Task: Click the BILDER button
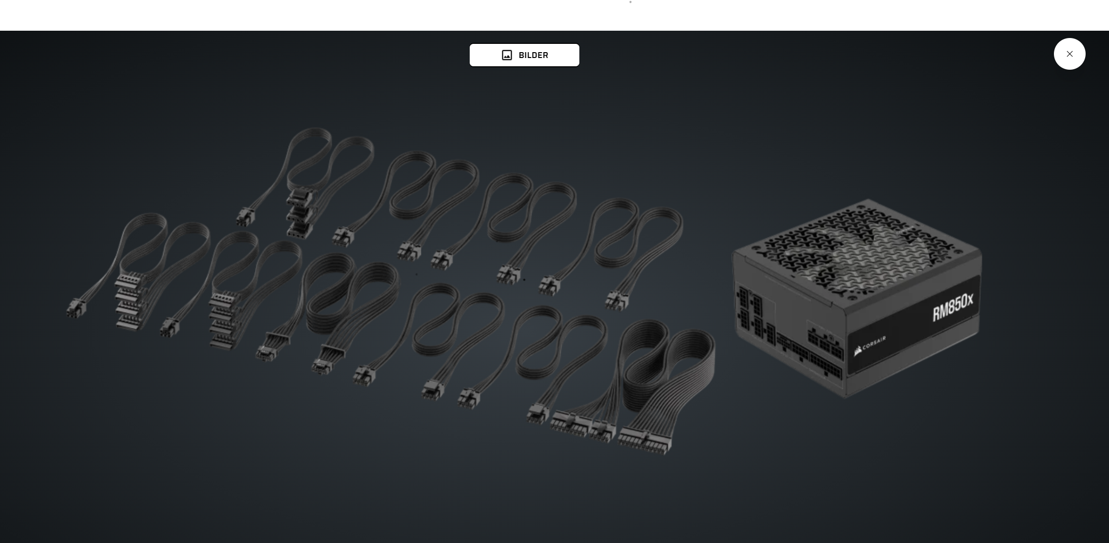point(524,55)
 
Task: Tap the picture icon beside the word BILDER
point(507,55)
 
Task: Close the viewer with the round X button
point(1070,54)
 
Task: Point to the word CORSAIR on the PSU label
point(874,344)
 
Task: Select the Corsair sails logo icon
point(858,351)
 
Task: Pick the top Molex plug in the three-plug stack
point(298,197)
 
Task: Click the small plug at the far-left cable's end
point(76,308)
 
